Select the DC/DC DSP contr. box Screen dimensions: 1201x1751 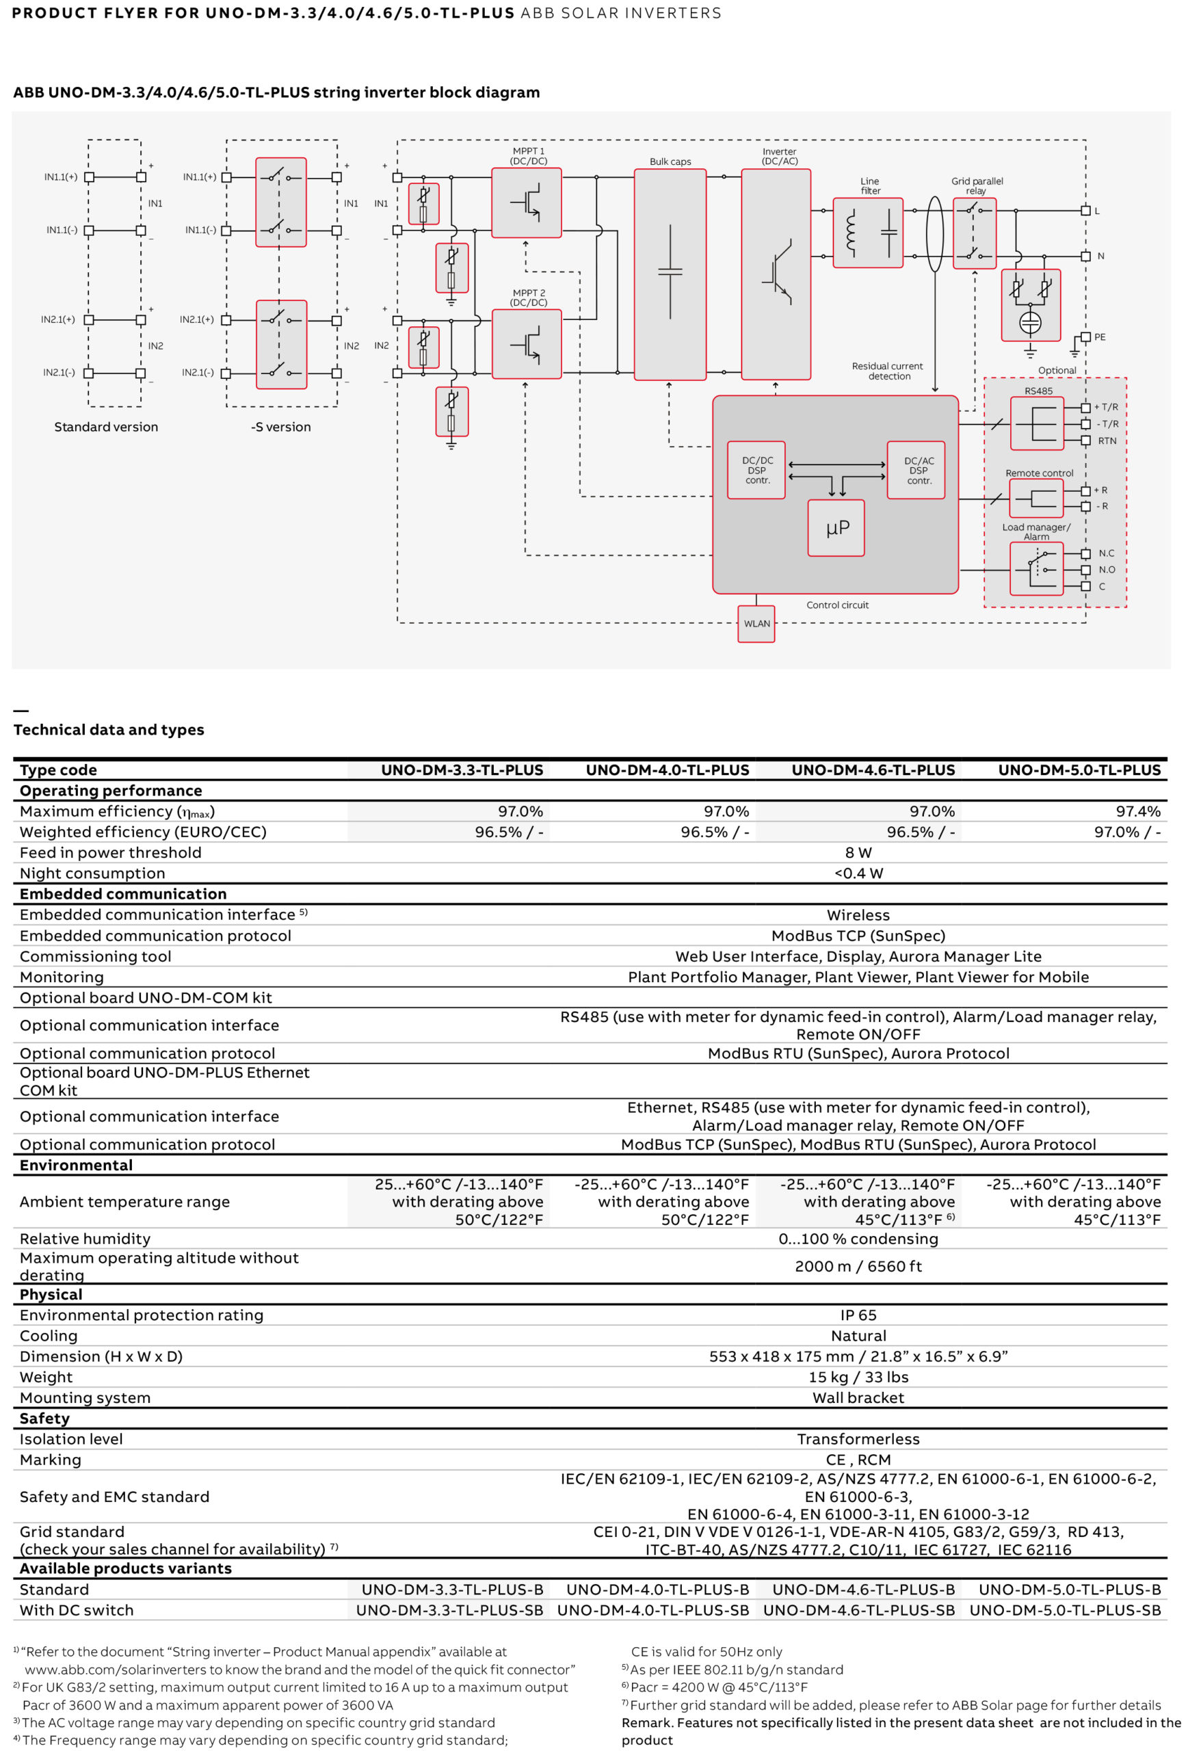(x=756, y=470)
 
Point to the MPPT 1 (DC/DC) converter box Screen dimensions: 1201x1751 (x=527, y=202)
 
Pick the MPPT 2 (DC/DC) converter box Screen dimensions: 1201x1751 (x=527, y=344)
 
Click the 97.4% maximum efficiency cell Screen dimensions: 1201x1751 (x=1137, y=811)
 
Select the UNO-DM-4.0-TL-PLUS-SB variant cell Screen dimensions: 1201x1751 (x=653, y=1610)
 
